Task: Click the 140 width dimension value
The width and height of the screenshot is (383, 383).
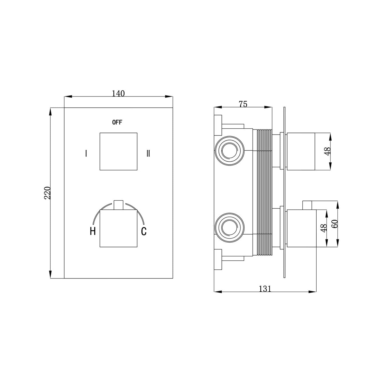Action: click(x=118, y=94)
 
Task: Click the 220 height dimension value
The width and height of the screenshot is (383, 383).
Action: click(x=48, y=193)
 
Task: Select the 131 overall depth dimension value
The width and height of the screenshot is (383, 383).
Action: click(x=265, y=289)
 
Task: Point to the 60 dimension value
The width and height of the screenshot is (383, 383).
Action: click(x=335, y=224)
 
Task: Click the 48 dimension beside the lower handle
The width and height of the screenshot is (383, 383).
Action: click(x=324, y=228)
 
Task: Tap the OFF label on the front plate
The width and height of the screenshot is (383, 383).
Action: click(x=117, y=122)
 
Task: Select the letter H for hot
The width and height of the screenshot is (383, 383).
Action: click(x=93, y=231)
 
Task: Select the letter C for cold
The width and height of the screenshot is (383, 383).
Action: click(x=144, y=231)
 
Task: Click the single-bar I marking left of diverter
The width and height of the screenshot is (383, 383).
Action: click(x=86, y=153)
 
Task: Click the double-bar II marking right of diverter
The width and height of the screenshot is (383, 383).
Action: click(x=148, y=153)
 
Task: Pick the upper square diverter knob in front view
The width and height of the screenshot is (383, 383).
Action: click(x=118, y=151)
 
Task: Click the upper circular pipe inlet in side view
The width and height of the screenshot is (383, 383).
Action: click(x=230, y=151)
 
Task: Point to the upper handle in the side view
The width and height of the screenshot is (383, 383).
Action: click(x=302, y=151)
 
